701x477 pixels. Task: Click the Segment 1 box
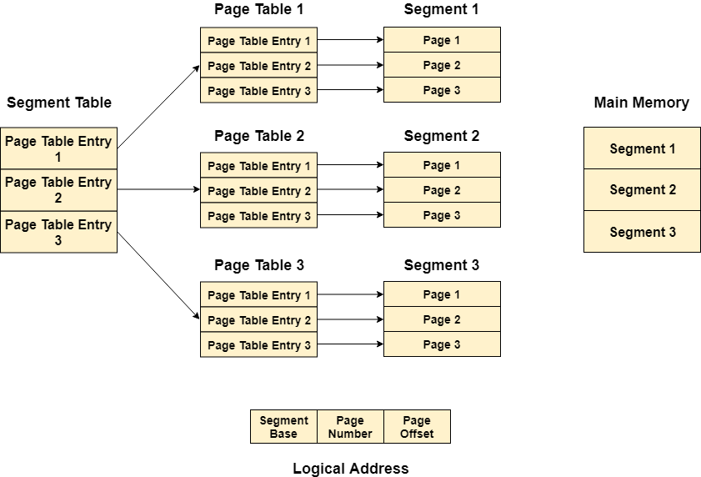coord(642,148)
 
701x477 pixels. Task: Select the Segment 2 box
coord(642,190)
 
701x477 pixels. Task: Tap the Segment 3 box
coord(642,232)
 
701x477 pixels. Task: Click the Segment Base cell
coord(283,426)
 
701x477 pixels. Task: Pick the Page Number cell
coord(350,426)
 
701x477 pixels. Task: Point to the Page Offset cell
coord(417,426)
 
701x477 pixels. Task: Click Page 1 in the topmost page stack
coord(442,40)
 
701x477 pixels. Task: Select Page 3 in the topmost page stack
coord(442,90)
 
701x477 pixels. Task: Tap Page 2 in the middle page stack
coord(442,190)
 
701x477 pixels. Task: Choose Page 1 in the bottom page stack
coord(442,294)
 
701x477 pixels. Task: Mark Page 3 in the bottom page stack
coord(442,344)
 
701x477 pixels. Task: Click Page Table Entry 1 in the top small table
coord(258,41)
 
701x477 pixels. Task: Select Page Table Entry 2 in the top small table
coord(258,66)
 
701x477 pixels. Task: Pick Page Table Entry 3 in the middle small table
coord(258,216)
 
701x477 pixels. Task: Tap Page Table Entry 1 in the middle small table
coord(258,166)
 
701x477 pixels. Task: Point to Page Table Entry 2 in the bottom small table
coord(258,320)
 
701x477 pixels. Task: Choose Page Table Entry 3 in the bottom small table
coord(258,345)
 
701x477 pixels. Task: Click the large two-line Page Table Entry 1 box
coord(58,148)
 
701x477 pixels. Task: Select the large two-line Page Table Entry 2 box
coord(58,190)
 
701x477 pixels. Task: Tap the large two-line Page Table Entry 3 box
coord(58,232)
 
